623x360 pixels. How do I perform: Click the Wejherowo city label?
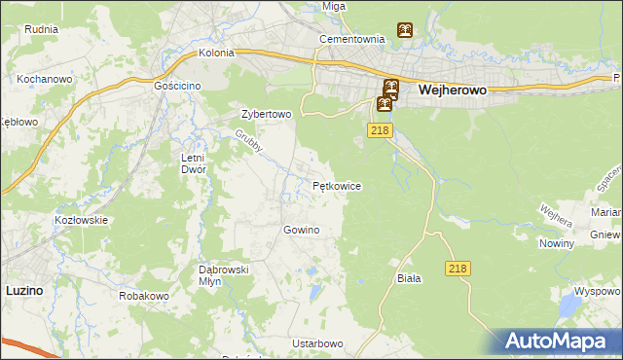click(453, 89)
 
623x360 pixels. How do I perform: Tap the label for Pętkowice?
click(338, 185)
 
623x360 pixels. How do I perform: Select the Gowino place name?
click(301, 230)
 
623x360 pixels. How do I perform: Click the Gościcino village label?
click(177, 86)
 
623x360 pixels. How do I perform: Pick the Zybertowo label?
click(267, 114)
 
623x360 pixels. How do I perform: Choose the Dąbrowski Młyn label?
click(225, 274)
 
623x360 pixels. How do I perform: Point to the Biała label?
click(409, 278)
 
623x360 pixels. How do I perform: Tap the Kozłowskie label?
click(81, 220)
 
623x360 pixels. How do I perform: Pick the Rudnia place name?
click(41, 29)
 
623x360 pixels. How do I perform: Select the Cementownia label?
click(353, 40)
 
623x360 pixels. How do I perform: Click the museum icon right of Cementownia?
click(404, 30)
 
